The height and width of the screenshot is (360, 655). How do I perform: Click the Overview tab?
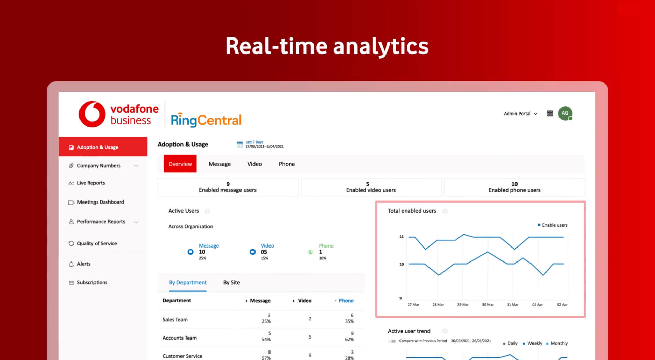point(180,164)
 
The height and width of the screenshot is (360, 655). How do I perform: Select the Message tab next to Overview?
point(220,164)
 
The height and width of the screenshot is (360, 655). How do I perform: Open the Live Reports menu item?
point(91,183)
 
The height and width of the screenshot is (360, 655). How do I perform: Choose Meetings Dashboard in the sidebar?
point(100,202)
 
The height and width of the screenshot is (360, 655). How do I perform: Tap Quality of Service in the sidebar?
point(97,243)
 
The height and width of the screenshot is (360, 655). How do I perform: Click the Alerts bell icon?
point(71,264)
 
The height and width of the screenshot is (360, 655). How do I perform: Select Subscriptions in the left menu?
point(92,282)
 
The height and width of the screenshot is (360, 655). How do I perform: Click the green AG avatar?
point(565,114)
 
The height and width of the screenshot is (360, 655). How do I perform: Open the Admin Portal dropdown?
point(521,114)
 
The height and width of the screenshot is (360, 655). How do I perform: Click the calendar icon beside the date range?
point(240,145)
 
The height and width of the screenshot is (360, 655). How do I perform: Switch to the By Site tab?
point(232,282)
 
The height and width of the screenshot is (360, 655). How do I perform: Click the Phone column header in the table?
point(346,301)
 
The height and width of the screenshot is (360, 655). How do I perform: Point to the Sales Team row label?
point(175,320)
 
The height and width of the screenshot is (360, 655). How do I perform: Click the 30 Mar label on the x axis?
point(488,305)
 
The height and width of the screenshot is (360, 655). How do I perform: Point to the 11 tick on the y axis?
point(402,237)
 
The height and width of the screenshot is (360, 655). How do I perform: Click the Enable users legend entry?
point(553,225)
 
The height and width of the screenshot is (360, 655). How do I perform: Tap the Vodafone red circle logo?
point(92,114)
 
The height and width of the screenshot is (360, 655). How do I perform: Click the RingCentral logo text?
point(206,120)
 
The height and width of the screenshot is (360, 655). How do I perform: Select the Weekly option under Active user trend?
point(533,343)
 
